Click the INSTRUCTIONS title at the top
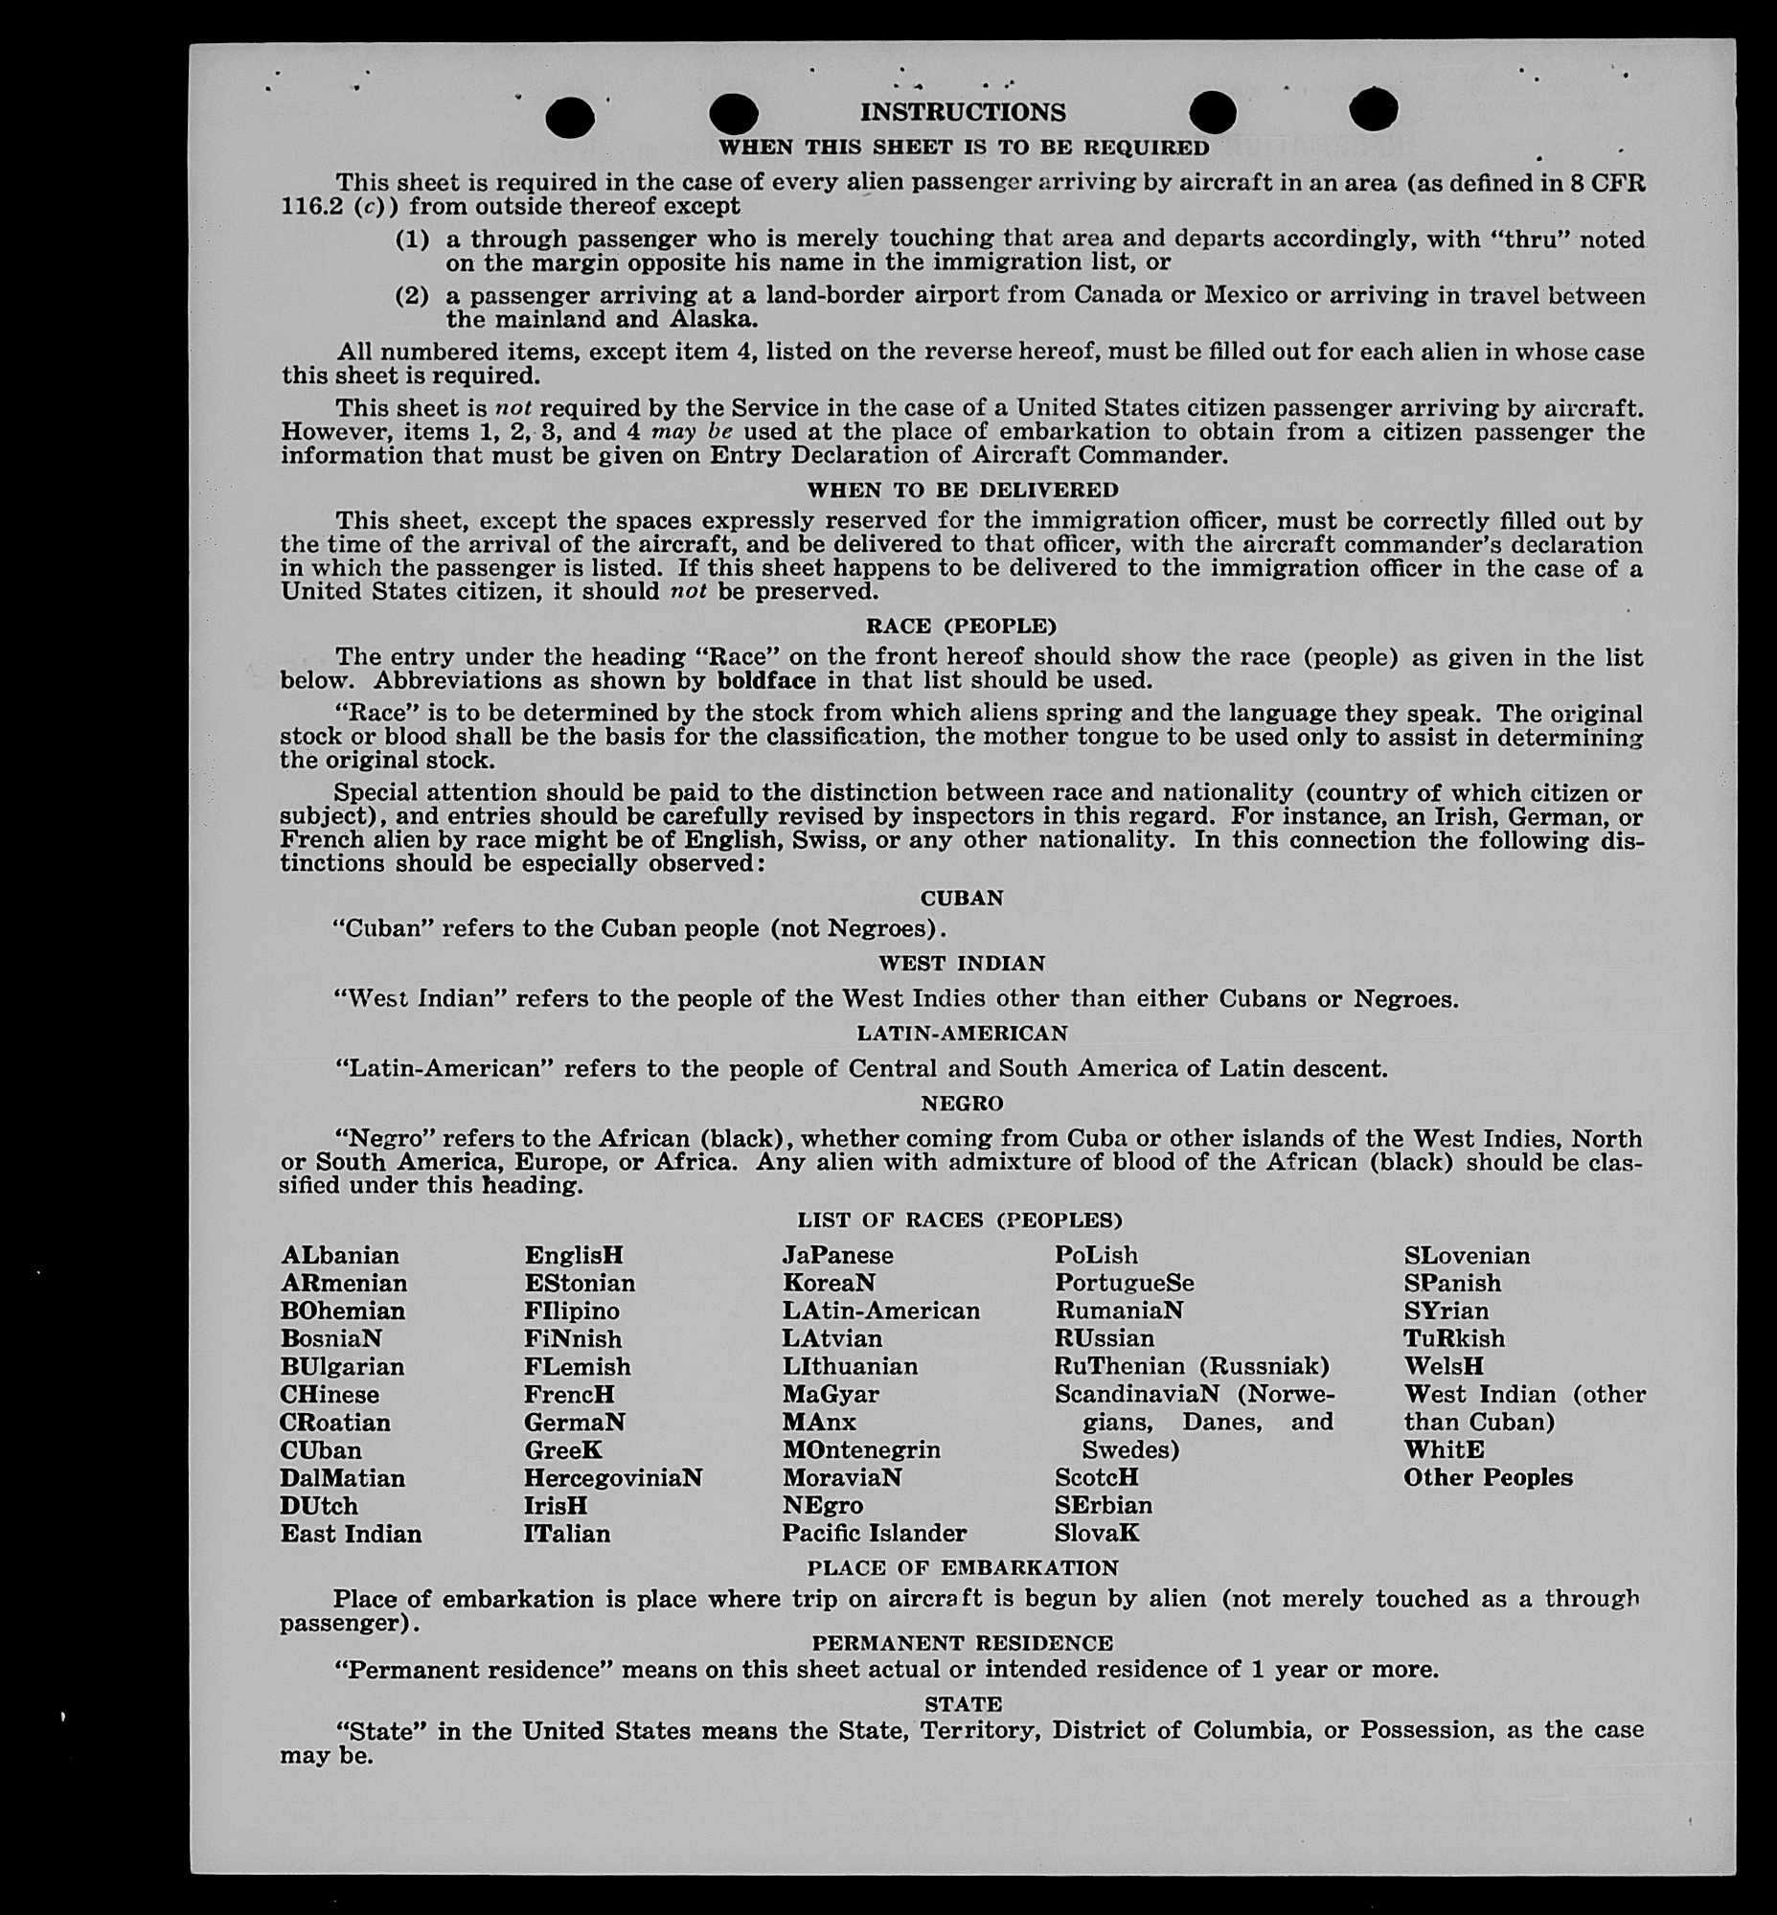click(963, 112)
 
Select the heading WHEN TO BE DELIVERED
click(963, 490)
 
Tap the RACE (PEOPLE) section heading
click(962, 627)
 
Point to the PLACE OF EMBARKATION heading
click(963, 1569)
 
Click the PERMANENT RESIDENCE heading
click(963, 1643)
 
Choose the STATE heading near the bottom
click(963, 1704)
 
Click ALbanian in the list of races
click(339, 1256)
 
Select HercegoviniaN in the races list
click(612, 1478)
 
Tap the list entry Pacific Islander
click(874, 1534)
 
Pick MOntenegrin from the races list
click(860, 1450)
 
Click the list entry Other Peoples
click(1488, 1478)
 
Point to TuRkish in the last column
click(1454, 1339)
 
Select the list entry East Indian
click(351, 1534)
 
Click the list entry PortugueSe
click(1124, 1284)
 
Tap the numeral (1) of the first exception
click(412, 239)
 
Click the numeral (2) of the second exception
click(412, 296)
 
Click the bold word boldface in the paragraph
click(766, 681)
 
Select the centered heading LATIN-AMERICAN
click(963, 1034)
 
